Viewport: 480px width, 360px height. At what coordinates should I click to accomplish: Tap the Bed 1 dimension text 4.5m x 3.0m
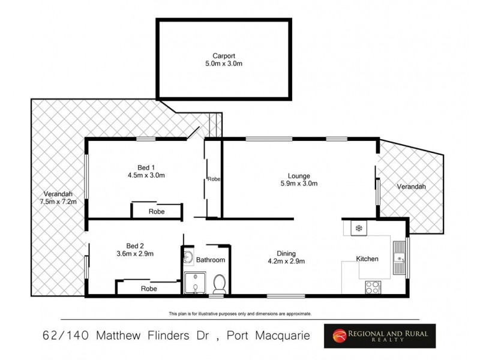[x=146, y=176]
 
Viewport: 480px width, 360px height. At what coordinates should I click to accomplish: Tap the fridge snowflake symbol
[x=359, y=228]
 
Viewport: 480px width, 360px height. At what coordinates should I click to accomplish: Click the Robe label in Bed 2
[x=149, y=289]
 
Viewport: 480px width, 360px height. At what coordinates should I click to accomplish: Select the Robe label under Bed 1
[x=157, y=212]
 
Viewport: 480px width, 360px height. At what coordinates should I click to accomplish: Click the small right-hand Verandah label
[x=411, y=187]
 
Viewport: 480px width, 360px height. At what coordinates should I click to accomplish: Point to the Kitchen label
[x=367, y=259]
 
